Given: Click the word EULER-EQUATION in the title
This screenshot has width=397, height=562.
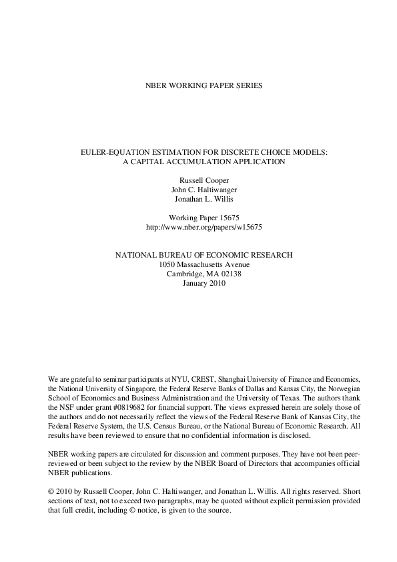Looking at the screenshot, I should click(116, 152).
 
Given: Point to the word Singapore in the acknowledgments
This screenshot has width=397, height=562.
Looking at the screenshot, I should click(145, 387).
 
